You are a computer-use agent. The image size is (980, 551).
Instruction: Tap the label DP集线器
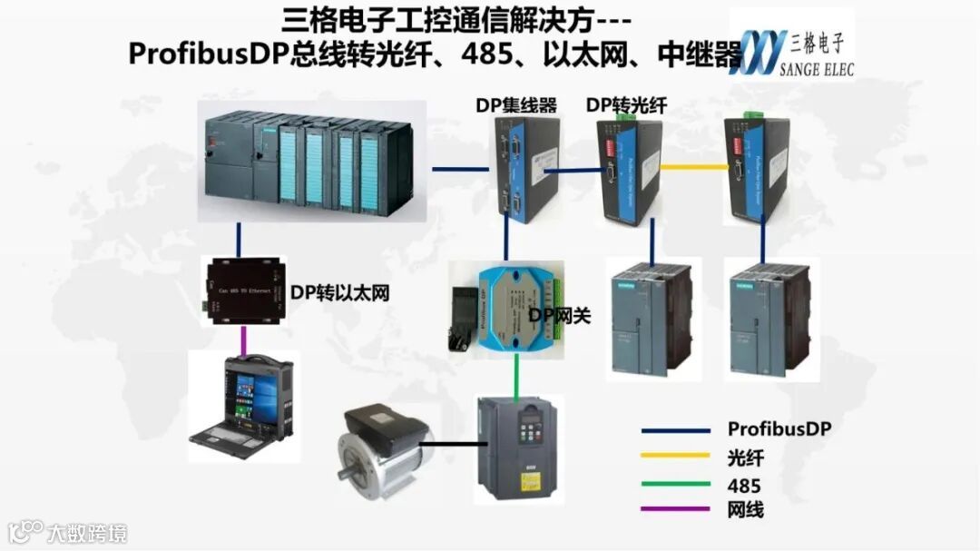[x=516, y=105]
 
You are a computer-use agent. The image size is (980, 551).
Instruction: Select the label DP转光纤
[x=626, y=105]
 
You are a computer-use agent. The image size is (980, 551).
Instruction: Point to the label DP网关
[x=560, y=316]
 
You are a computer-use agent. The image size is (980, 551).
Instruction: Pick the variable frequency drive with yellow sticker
[x=519, y=449]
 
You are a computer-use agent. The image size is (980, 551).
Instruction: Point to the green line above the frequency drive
[x=517, y=373]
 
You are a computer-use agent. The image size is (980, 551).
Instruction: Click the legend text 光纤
[x=745, y=457]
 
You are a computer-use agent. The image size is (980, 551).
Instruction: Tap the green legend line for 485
[x=675, y=483]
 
